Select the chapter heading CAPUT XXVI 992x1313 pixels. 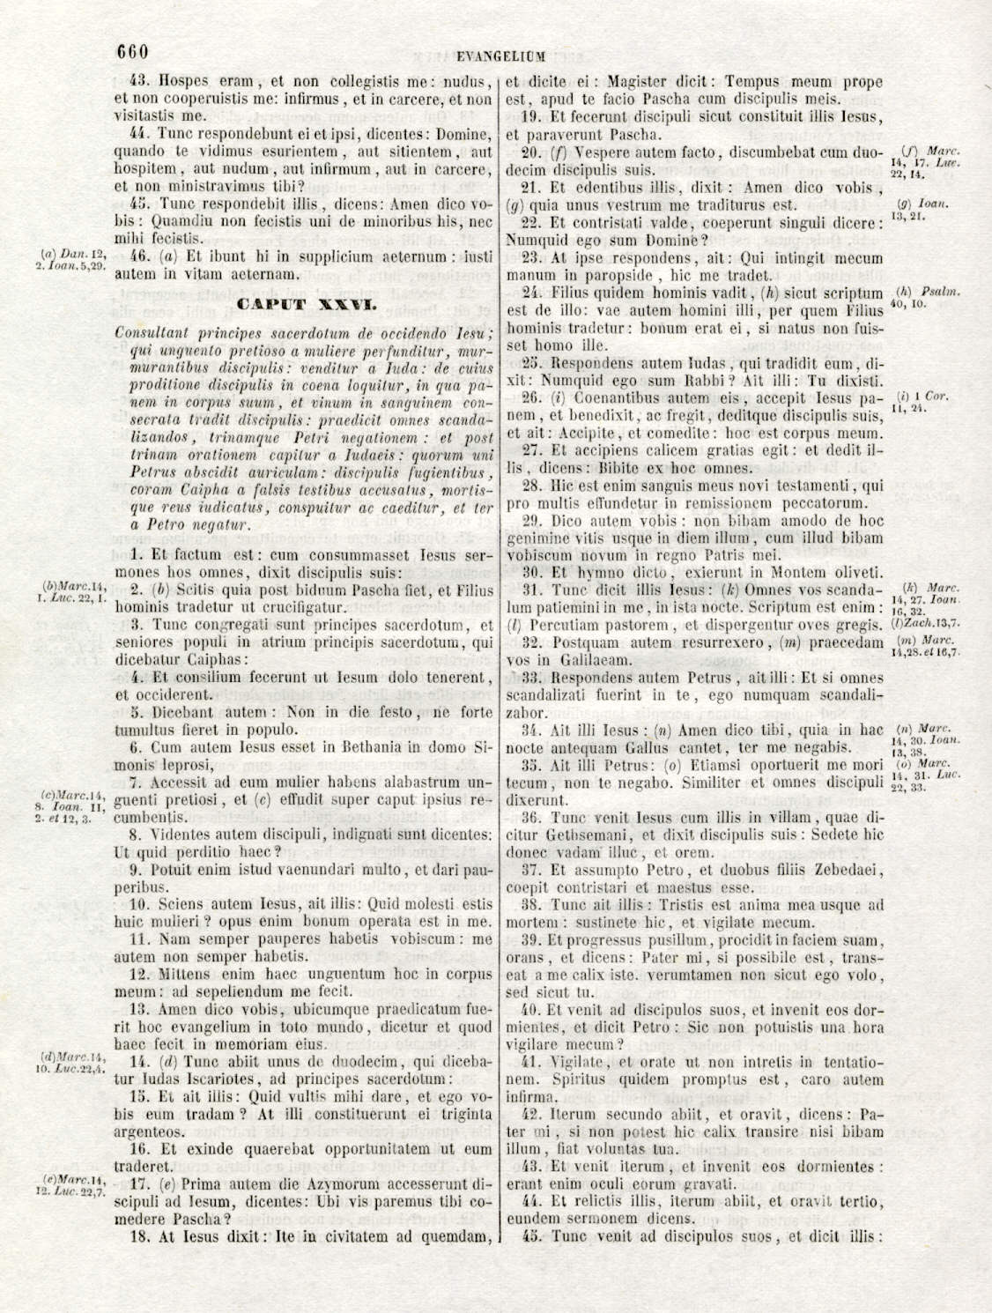pyautogui.click(x=307, y=306)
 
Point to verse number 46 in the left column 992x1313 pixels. pyautogui.click(x=138, y=256)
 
